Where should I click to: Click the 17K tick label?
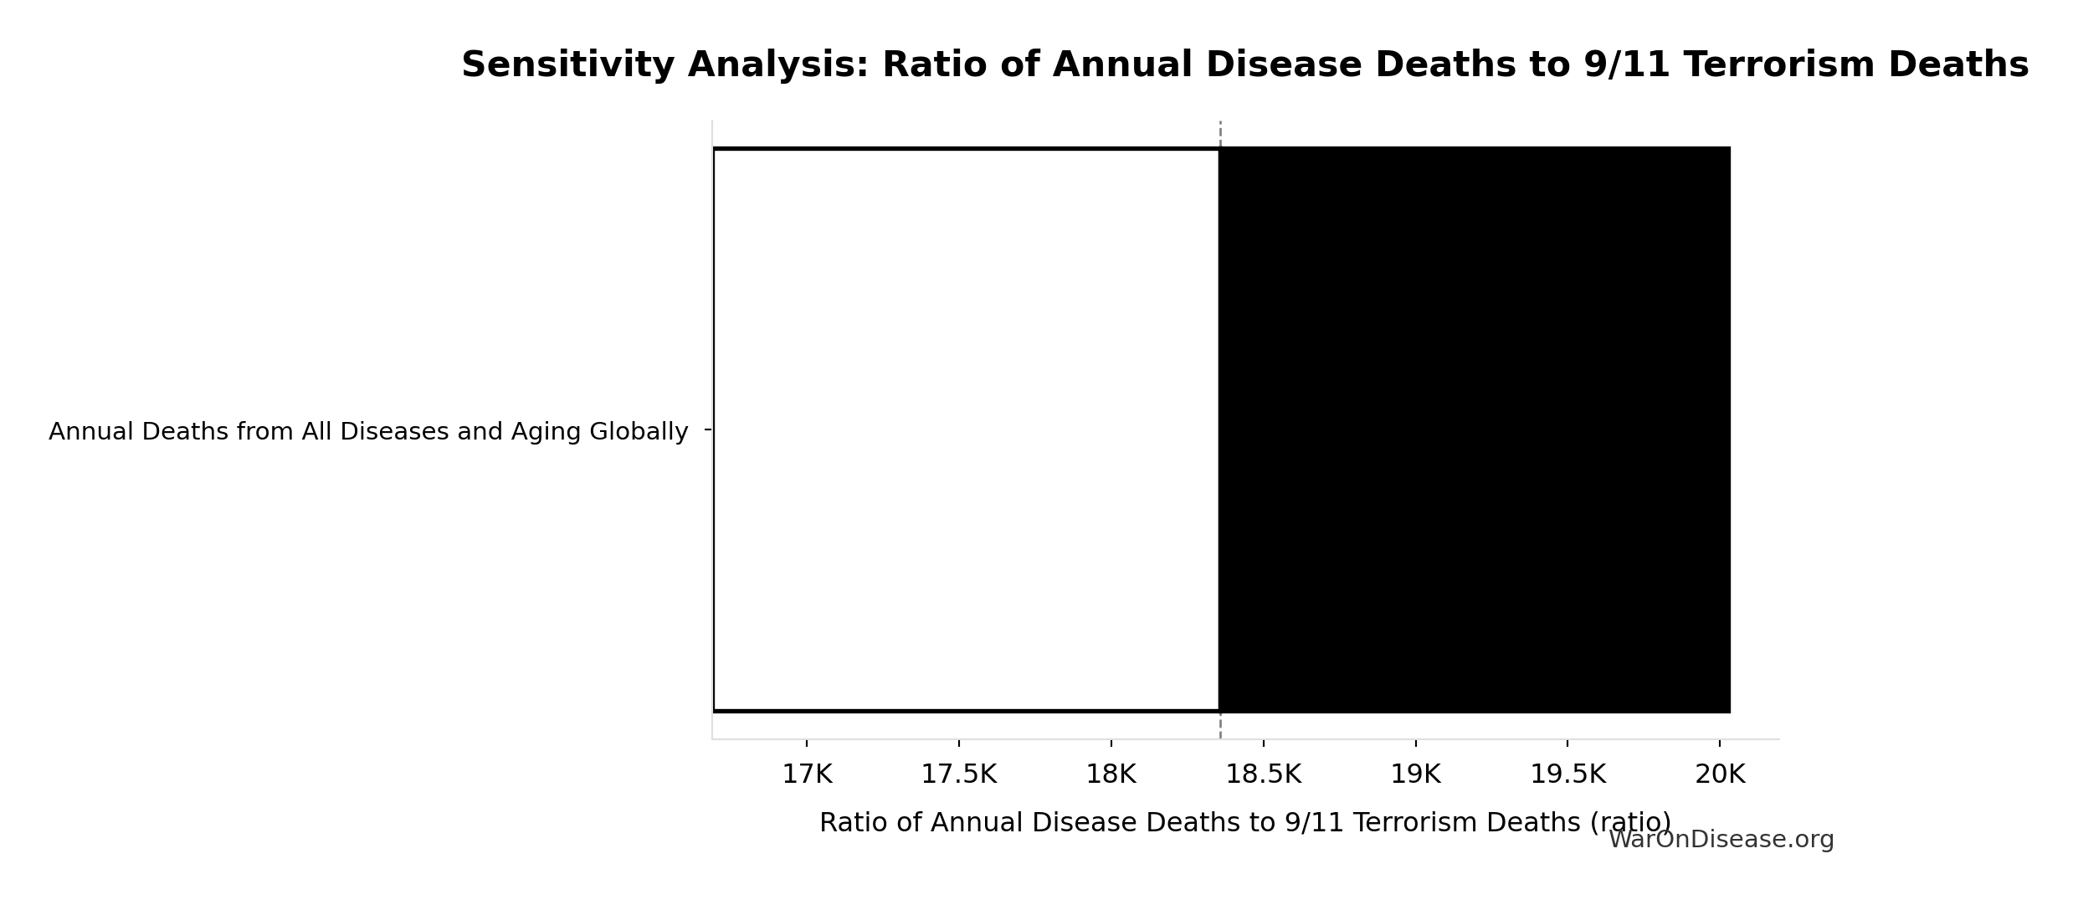click(x=807, y=774)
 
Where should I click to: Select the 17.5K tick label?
click(x=958, y=774)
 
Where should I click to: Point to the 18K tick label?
click(x=1111, y=774)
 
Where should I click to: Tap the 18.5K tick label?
click(x=1263, y=774)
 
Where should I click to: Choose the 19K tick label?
click(x=1415, y=774)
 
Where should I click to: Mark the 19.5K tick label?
click(x=1567, y=774)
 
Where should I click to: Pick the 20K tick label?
click(x=1720, y=774)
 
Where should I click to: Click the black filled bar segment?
click(x=1474, y=429)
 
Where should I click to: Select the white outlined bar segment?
click(x=966, y=429)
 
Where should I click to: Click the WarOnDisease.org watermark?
click(x=1721, y=840)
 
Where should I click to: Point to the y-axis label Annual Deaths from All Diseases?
click(x=368, y=432)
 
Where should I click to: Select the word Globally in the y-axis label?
click(x=639, y=432)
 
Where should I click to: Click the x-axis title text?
click(x=1244, y=822)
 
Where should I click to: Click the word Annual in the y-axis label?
click(x=91, y=432)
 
